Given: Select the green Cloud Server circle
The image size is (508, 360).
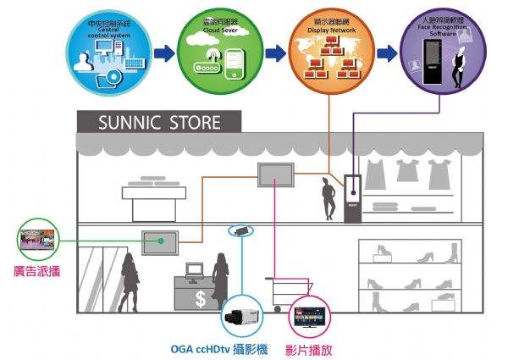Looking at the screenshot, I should (x=216, y=51).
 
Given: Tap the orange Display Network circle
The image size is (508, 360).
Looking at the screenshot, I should (x=327, y=51).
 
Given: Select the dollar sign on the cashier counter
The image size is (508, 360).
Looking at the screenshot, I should (x=200, y=298).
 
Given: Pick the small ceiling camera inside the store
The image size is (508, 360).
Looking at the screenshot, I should (x=240, y=230).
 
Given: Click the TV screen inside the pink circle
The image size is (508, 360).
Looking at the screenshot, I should (x=312, y=317).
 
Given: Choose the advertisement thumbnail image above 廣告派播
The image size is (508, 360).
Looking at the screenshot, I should (x=38, y=241).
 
